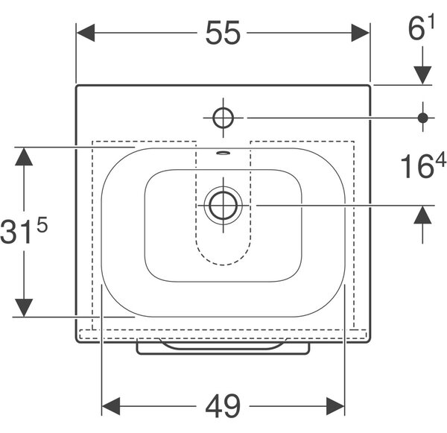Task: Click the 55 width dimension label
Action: pyautogui.click(x=223, y=33)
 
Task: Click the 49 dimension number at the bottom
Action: pyautogui.click(x=223, y=406)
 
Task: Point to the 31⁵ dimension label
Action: pyautogui.click(x=24, y=230)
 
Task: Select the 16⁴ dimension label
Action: pyautogui.click(x=423, y=166)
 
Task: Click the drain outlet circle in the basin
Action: pyautogui.click(x=223, y=206)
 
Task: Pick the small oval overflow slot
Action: pyautogui.click(x=223, y=153)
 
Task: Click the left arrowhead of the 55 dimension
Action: pyautogui.click(x=86, y=33)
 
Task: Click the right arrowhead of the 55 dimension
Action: pyautogui.click(x=360, y=33)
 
